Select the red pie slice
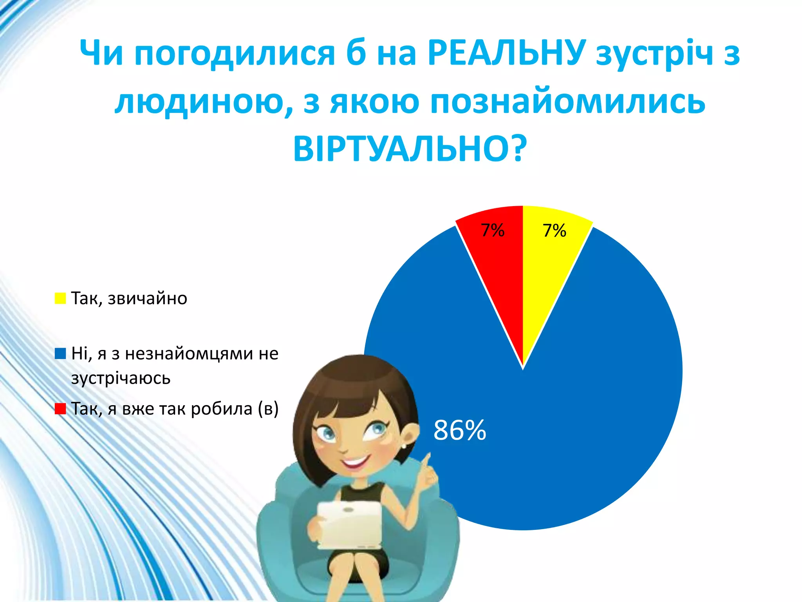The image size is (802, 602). click(497, 267)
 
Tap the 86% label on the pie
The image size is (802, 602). click(460, 430)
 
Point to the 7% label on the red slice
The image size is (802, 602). click(492, 230)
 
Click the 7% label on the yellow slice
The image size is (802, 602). click(554, 230)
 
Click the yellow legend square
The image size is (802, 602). click(60, 298)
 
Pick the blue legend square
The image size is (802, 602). click(60, 354)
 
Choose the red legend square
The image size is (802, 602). click(60, 409)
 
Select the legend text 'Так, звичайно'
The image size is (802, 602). click(129, 299)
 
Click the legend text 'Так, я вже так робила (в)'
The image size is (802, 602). click(175, 409)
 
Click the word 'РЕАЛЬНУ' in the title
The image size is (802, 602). click(507, 53)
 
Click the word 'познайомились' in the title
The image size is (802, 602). click(567, 102)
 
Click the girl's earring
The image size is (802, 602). click(404, 446)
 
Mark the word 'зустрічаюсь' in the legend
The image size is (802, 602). click(121, 379)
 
